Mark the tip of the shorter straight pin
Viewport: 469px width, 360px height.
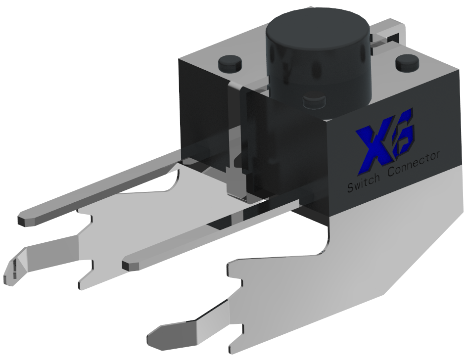coord(131,264)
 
